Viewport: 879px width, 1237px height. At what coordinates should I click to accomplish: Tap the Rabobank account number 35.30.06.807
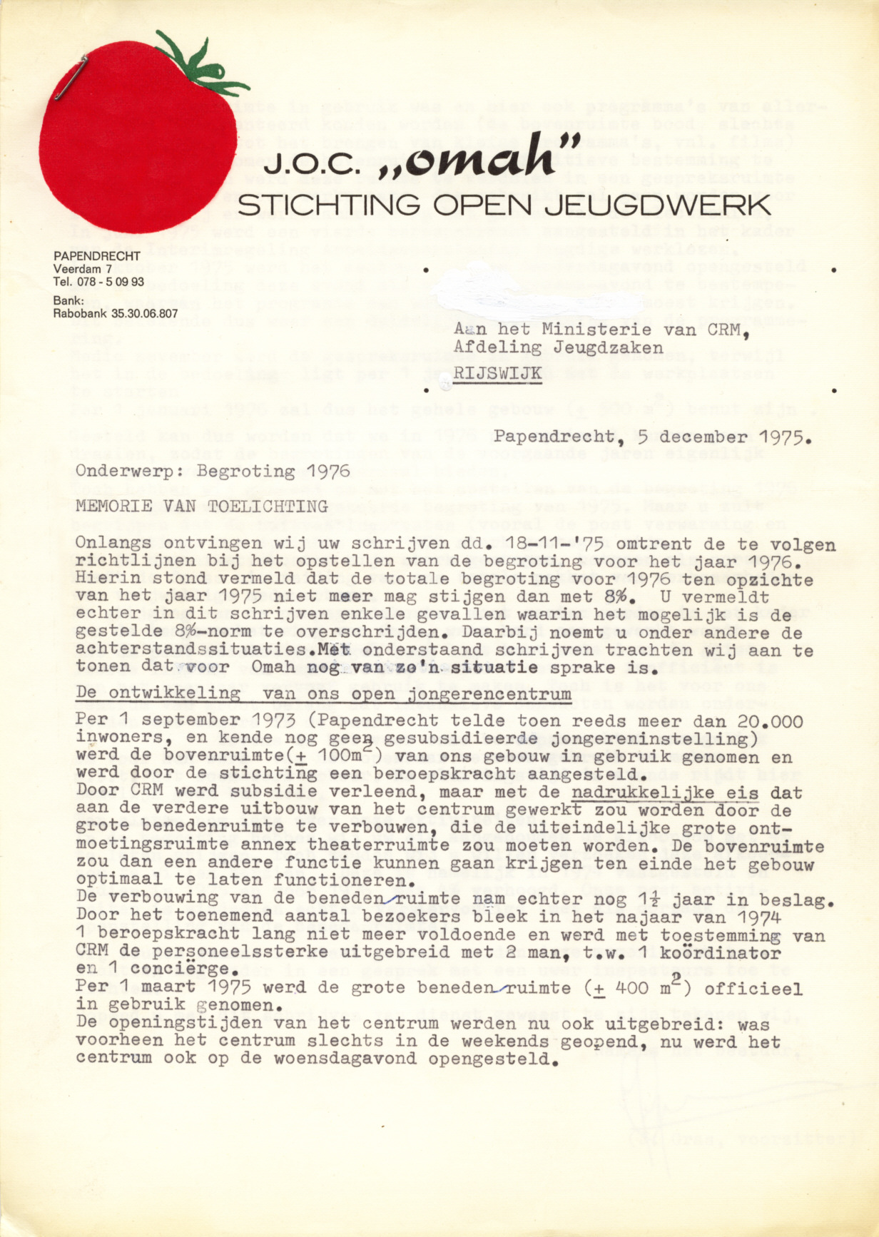(140, 313)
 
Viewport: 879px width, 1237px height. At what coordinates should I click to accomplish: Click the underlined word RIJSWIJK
(497, 373)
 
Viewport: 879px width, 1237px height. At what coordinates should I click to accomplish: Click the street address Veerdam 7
(82, 269)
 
